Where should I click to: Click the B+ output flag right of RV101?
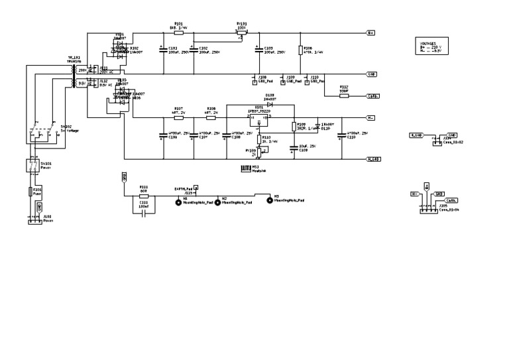click(x=371, y=32)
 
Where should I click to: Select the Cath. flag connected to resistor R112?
click(x=372, y=95)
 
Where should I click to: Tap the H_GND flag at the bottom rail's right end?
click(x=372, y=159)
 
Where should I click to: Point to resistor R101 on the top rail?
click(x=178, y=32)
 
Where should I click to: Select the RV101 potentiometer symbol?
click(x=242, y=32)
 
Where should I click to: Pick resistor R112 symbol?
click(x=344, y=95)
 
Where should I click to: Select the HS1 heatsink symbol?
click(x=246, y=169)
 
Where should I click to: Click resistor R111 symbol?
click(x=144, y=196)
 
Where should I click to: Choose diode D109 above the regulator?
click(x=269, y=105)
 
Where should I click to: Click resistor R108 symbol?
click(x=211, y=118)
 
